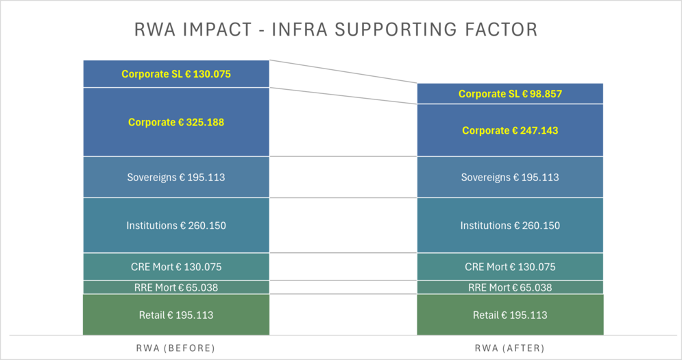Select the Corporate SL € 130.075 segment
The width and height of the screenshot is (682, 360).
coord(176,74)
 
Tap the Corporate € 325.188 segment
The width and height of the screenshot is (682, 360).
coord(176,122)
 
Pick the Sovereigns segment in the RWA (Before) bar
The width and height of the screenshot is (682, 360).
coord(176,178)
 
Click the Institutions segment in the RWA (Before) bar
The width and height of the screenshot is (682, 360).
coord(176,226)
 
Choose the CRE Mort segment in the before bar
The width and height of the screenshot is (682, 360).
coord(176,267)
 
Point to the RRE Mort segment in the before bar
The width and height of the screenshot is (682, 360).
coord(176,287)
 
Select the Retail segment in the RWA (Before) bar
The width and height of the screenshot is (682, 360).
coord(176,315)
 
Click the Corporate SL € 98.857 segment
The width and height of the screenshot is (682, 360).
coord(510,94)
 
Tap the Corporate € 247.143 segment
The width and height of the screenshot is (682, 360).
coord(510,130)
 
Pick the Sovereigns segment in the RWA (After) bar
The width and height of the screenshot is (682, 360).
coord(510,178)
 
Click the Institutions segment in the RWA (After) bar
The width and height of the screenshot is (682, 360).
coord(510,226)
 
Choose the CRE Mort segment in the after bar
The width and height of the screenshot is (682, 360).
coord(510,267)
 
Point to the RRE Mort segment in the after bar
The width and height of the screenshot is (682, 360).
coord(510,287)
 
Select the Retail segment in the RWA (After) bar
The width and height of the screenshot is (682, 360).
coord(510,315)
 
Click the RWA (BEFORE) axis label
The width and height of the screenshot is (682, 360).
coord(176,348)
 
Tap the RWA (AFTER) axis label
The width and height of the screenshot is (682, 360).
coord(510,348)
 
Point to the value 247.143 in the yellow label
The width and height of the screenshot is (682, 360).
coord(539,130)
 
